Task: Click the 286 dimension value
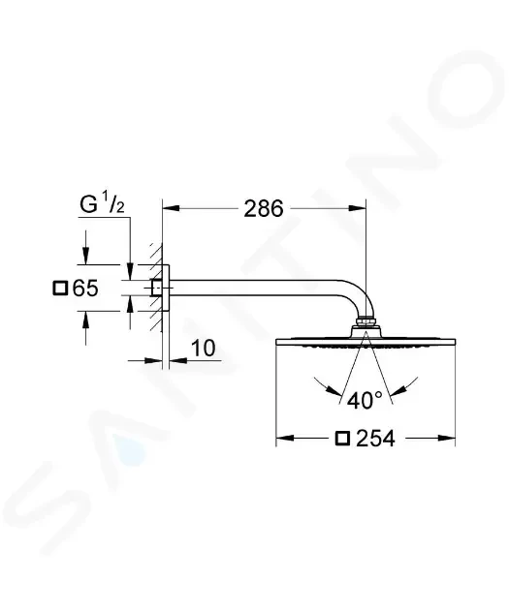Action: pos(264,209)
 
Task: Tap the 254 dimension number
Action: pos(376,439)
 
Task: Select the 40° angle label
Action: pos(365,400)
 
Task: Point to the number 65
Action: pos(85,289)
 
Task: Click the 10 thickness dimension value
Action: pos(204,349)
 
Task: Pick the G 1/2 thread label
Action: pos(102,204)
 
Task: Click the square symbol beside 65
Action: pos(60,289)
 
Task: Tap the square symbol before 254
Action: pos(342,439)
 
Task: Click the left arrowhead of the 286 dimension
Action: pos(171,208)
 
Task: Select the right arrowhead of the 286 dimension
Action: pos(358,208)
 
